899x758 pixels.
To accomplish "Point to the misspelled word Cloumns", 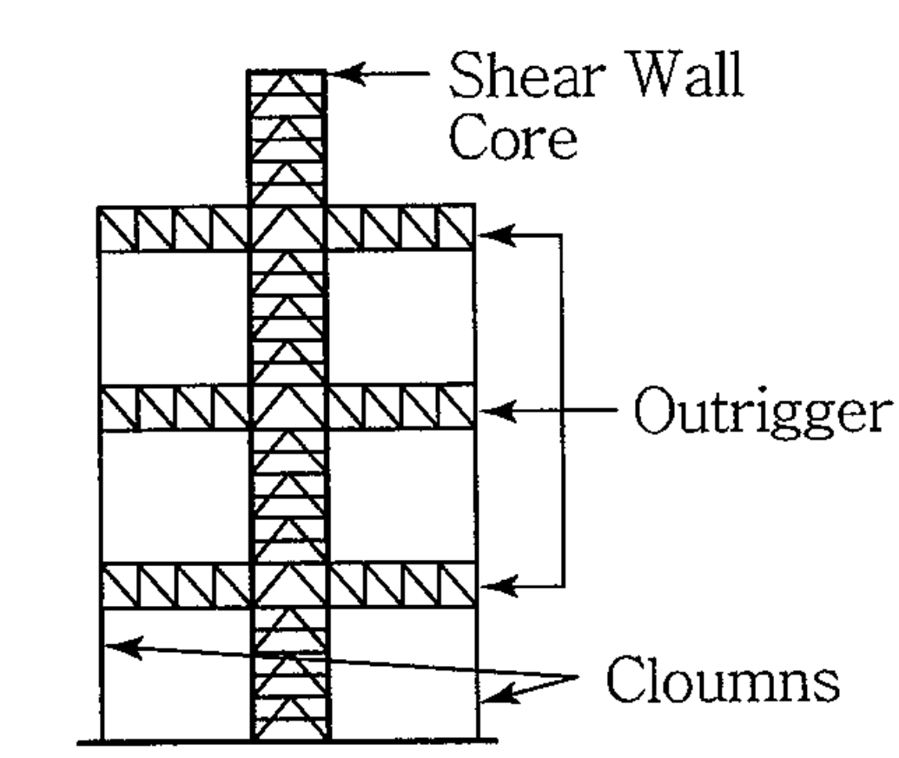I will tap(721, 680).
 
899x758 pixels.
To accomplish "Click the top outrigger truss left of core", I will tap(174, 229).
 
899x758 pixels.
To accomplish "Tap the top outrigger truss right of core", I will tap(400, 229).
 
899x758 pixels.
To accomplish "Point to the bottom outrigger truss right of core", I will tap(400, 586).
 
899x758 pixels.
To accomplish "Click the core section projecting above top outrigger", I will tap(288, 139).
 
